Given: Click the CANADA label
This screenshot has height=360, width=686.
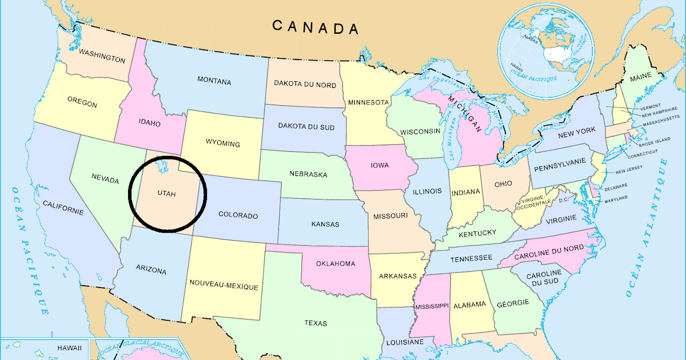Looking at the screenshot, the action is (x=315, y=27).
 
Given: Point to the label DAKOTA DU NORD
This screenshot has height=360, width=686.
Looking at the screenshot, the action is (x=305, y=84).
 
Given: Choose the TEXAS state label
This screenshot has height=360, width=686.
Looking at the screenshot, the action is (x=316, y=323).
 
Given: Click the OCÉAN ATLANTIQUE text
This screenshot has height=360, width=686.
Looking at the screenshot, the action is (x=647, y=229).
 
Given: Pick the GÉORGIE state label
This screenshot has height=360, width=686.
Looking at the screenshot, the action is (x=512, y=303).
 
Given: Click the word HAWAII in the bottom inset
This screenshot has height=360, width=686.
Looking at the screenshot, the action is (x=69, y=347).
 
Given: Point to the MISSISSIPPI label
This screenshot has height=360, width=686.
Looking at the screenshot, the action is (x=432, y=306).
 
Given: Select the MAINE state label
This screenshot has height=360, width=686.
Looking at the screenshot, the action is (x=640, y=77).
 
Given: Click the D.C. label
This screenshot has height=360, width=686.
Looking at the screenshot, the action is (x=563, y=200).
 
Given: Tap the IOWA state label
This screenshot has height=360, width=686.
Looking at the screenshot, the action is (x=380, y=165).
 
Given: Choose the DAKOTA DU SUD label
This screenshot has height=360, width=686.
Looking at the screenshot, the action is (x=306, y=126).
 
